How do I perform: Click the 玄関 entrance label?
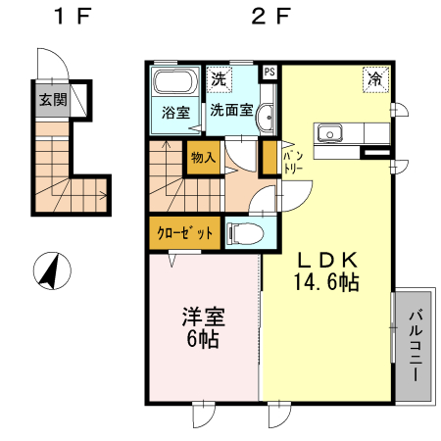(x=53, y=100)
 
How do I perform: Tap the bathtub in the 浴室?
(x=175, y=81)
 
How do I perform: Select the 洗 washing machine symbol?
(x=219, y=78)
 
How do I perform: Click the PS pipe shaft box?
(x=269, y=72)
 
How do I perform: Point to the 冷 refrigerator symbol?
(x=376, y=79)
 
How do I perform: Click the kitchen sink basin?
(x=328, y=133)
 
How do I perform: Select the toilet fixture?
(x=246, y=233)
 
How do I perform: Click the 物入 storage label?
(x=203, y=158)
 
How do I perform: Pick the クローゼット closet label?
(x=185, y=232)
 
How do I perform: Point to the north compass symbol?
(x=52, y=270)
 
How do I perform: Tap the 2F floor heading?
(x=270, y=17)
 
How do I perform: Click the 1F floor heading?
(x=73, y=17)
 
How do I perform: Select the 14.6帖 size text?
(x=326, y=282)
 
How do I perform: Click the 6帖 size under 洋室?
(x=203, y=339)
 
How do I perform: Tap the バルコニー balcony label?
(x=416, y=346)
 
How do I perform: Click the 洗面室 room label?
(x=231, y=110)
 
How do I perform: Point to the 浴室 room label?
(x=176, y=113)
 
